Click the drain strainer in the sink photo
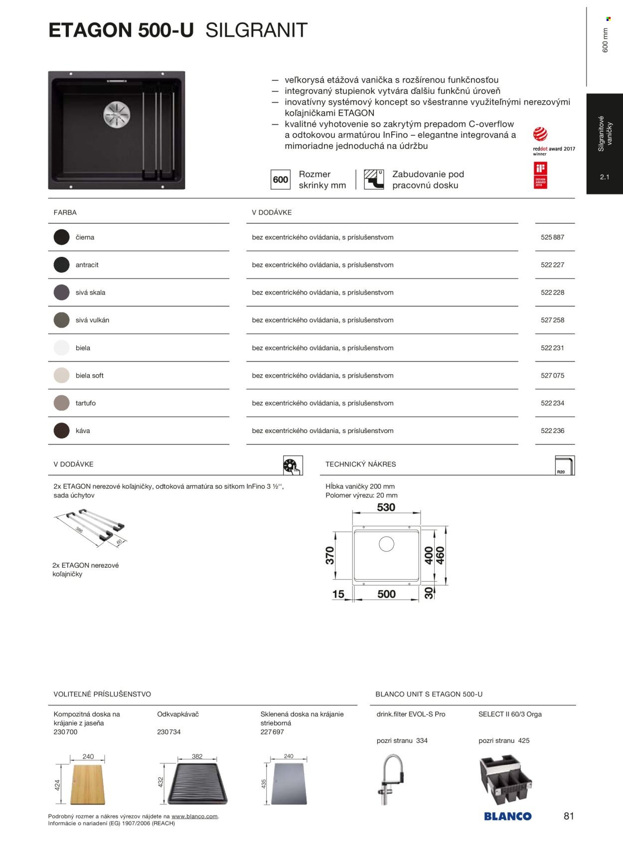point(117,114)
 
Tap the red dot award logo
point(540,134)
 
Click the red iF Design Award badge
point(540,175)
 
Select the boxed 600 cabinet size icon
point(281,180)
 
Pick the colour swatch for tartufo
point(61,403)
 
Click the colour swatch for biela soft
point(61,376)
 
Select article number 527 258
point(552,320)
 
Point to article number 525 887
point(552,237)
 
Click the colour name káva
point(83,431)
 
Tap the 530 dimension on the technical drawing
point(386,508)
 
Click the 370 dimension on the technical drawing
point(330,555)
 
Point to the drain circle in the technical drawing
point(386,544)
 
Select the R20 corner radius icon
point(565,465)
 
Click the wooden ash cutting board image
point(88,784)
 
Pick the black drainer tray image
point(197,784)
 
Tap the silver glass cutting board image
point(289,784)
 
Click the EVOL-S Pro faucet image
point(391,779)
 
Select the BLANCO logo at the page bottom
point(507,817)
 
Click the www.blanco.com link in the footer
point(194,817)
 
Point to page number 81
point(569,816)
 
